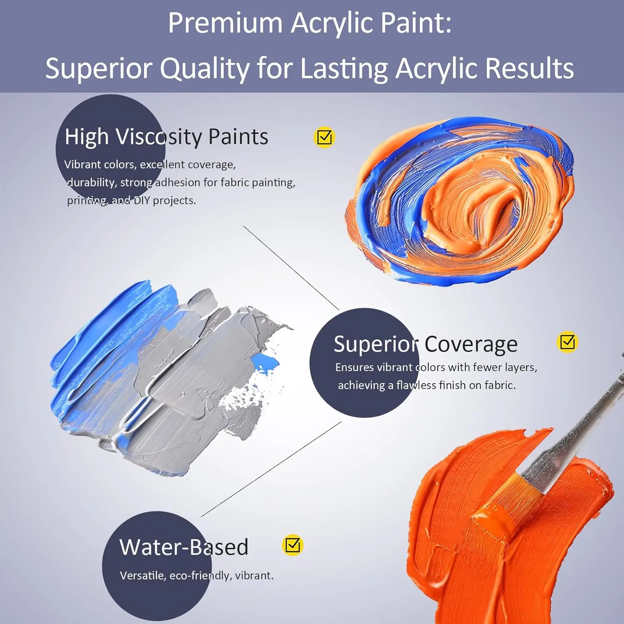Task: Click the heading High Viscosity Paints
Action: (x=166, y=136)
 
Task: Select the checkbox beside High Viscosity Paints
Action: (x=324, y=137)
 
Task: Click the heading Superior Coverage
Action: (x=425, y=344)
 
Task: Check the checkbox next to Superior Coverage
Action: (x=567, y=342)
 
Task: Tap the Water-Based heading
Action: (x=184, y=547)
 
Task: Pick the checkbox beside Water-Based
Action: (x=292, y=545)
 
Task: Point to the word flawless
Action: (x=416, y=385)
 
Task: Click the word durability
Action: (x=91, y=183)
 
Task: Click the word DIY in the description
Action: (x=141, y=201)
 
